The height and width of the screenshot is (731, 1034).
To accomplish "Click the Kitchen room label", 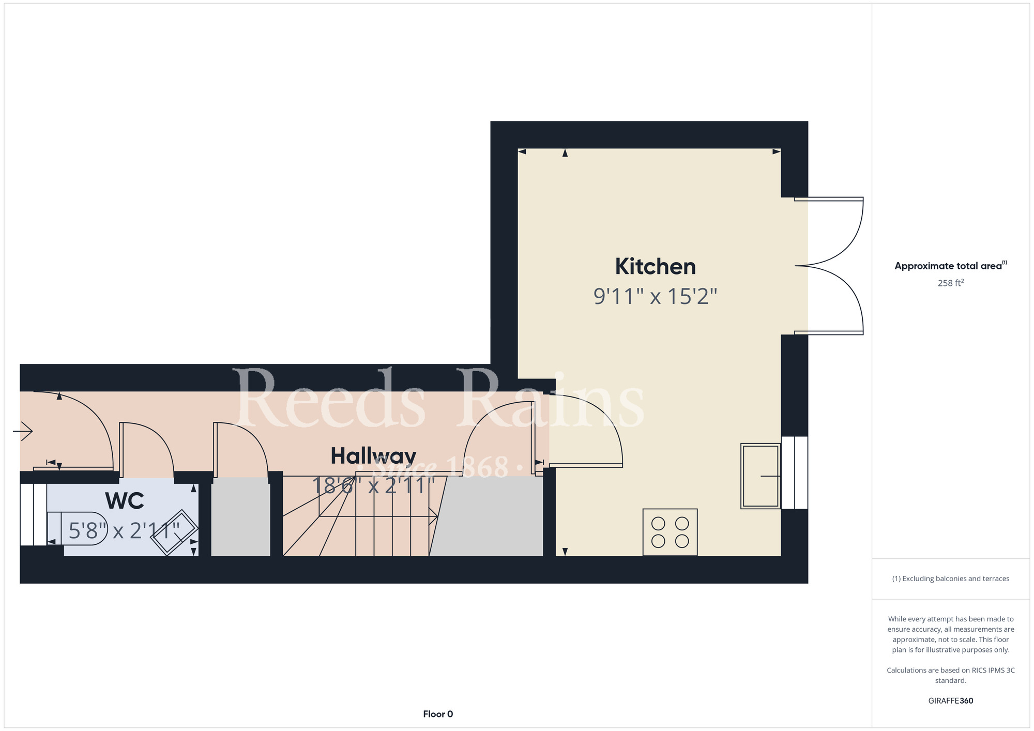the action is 655,267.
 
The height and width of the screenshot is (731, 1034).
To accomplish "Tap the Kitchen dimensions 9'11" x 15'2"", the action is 655,297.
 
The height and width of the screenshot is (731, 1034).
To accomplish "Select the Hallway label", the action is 373,456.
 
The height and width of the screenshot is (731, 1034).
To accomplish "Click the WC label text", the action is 125,500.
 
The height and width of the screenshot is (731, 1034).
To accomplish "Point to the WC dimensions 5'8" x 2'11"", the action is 124,530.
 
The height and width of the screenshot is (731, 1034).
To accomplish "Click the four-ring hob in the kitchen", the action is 670,532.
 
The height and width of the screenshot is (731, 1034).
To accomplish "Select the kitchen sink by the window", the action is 761,476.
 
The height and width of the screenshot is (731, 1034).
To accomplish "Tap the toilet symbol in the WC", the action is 77,528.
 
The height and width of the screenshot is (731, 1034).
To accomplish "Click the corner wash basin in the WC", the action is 174,532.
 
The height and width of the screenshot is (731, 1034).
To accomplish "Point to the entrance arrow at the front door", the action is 23,431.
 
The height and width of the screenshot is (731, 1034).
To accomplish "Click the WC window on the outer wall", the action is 34,514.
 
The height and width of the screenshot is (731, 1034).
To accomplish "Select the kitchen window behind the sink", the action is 795,473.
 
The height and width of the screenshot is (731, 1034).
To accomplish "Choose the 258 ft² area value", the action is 951,283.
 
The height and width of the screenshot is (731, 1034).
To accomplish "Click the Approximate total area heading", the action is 950,266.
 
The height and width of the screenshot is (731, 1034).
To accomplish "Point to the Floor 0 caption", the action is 438,714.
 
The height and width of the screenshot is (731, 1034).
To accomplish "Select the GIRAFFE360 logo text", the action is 951,701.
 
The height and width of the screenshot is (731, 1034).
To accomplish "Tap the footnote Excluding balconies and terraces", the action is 951,578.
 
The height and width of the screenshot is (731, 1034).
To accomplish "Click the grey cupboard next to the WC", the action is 241,517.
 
